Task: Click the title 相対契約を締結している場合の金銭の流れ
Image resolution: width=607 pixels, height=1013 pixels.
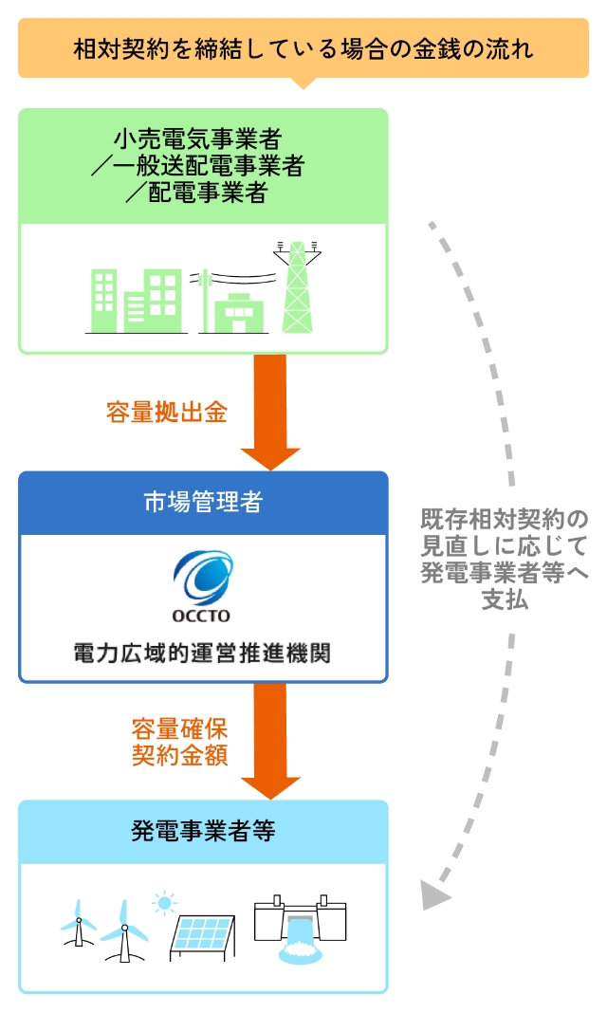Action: tap(303, 48)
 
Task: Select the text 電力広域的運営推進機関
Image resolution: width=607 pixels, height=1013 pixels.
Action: tap(203, 654)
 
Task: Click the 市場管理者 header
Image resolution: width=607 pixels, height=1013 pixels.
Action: tap(203, 503)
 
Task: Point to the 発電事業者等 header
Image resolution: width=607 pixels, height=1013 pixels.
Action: tap(203, 832)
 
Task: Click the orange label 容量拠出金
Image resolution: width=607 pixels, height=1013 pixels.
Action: tap(167, 414)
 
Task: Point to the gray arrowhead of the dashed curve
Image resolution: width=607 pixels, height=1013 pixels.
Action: tap(433, 893)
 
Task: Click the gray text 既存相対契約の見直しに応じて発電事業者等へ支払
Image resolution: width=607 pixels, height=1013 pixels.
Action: tap(505, 560)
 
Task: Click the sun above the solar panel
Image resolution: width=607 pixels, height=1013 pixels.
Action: tap(167, 901)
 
